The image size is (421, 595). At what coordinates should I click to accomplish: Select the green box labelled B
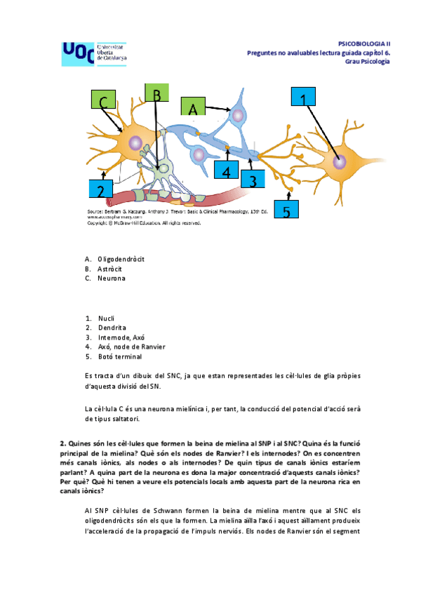tap(157, 96)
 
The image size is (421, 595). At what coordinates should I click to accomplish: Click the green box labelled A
tap(193, 109)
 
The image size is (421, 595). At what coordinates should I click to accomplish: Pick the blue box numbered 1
tap(302, 100)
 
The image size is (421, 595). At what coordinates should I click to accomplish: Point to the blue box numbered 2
tap(101, 190)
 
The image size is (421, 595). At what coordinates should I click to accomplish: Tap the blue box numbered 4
tap(226, 171)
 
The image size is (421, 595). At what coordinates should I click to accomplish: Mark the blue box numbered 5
tap(286, 209)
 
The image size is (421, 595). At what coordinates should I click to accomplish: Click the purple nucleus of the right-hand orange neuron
tap(340, 162)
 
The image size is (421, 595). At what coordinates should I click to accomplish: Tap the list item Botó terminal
tap(120, 356)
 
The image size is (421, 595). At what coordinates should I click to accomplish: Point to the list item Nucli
tap(107, 318)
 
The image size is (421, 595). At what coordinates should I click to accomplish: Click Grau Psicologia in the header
tap(367, 60)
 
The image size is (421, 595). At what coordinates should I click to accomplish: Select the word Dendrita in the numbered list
tap(112, 328)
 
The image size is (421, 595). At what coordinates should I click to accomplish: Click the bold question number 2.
tap(62, 443)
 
